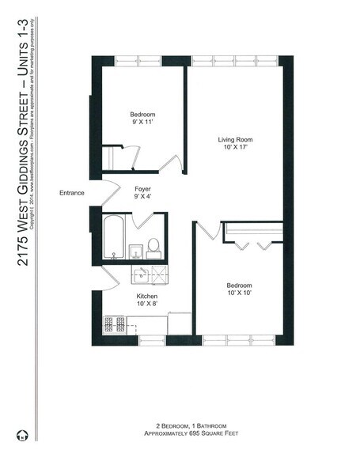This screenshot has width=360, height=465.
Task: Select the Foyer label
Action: tap(142, 189)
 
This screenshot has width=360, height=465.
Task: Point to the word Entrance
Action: tap(73, 192)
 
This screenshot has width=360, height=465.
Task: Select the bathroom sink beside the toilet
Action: tap(136, 251)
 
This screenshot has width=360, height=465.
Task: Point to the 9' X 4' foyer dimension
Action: tap(142, 198)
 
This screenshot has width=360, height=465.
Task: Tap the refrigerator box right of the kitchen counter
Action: tap(180, 323)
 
